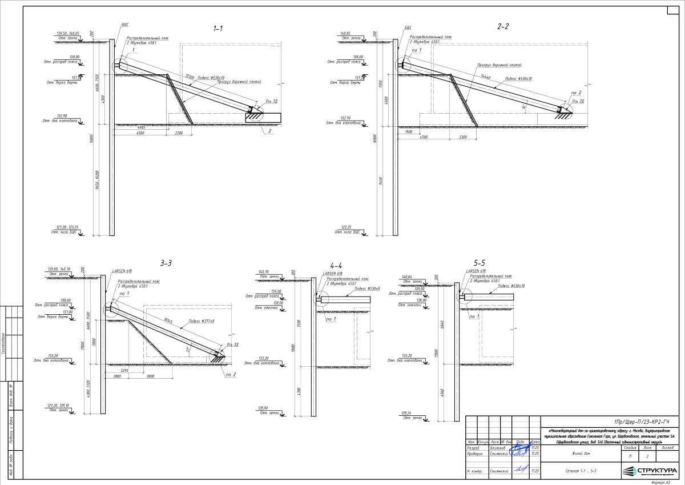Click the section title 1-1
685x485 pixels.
[217, 28]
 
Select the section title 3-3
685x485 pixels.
[166, 263]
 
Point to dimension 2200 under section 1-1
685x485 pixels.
[179, 133]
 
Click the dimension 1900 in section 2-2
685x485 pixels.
[409, 131]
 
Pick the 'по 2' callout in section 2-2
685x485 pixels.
[575, 93]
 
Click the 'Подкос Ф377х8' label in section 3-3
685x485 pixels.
[202, 322]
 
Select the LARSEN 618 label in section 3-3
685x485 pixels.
[122, 270]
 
